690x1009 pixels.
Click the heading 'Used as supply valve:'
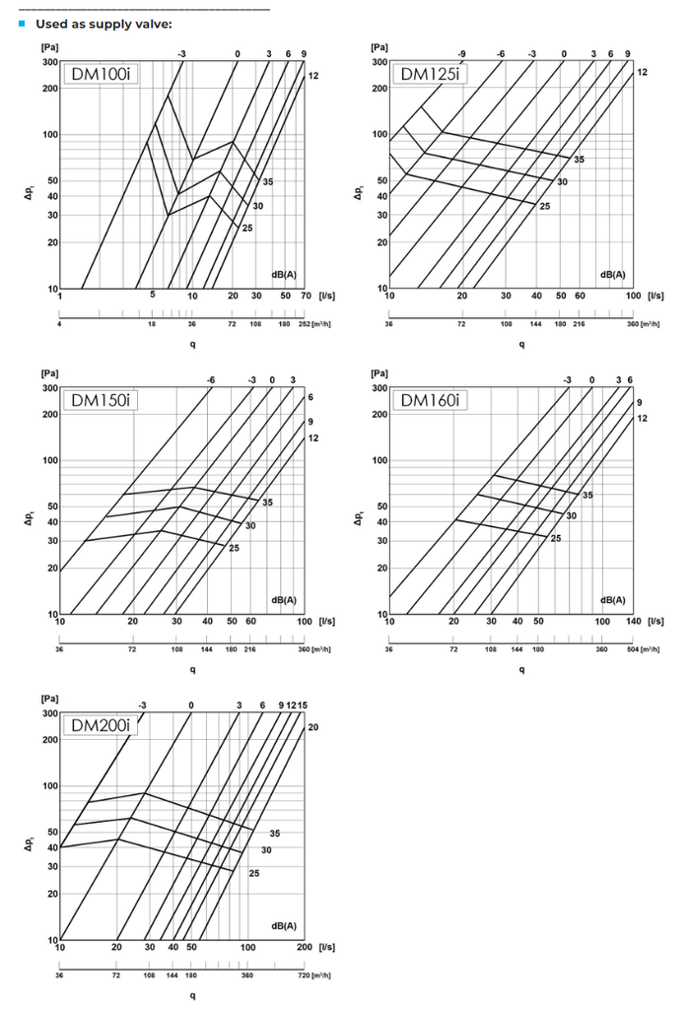click(103, 23)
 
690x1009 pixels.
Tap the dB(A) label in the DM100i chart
click(284, 275)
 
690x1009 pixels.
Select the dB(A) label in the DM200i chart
click(284, 926)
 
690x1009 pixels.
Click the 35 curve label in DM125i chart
click(579, 160)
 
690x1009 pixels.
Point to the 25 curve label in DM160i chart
click(556, 538)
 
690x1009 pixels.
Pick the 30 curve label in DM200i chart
click(266, 849)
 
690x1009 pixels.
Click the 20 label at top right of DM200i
click(312, 726)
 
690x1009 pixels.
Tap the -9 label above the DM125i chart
click(461, 53)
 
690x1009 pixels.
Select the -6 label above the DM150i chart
click(211, 379)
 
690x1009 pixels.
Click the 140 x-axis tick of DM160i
click(632, 621)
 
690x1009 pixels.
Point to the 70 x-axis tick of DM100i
click(305, 295)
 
